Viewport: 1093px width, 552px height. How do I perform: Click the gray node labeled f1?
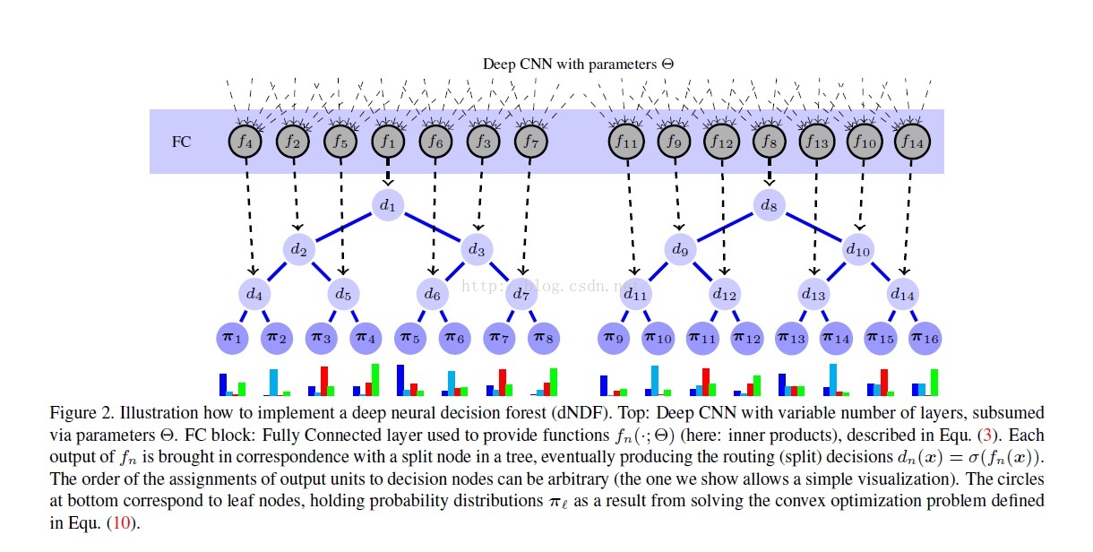tap(387, 141)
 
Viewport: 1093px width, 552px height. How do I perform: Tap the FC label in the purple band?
tap(181, 142)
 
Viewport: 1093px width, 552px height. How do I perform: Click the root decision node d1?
tap(387, 206)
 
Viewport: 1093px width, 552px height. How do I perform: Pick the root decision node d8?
tap(769, 206)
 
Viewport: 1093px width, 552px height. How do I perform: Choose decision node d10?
tap(857, 249)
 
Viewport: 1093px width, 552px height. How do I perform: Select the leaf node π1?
tap(232, 337)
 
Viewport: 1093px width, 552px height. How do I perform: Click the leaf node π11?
tap(702, 337)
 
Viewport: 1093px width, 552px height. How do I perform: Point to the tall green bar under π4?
tap(375, 380)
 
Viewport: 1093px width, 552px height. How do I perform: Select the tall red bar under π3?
tap(324, 381)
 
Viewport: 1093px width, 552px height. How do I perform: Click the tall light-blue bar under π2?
tap(274, 383)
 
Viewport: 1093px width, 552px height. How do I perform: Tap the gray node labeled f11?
tap(624, 141)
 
